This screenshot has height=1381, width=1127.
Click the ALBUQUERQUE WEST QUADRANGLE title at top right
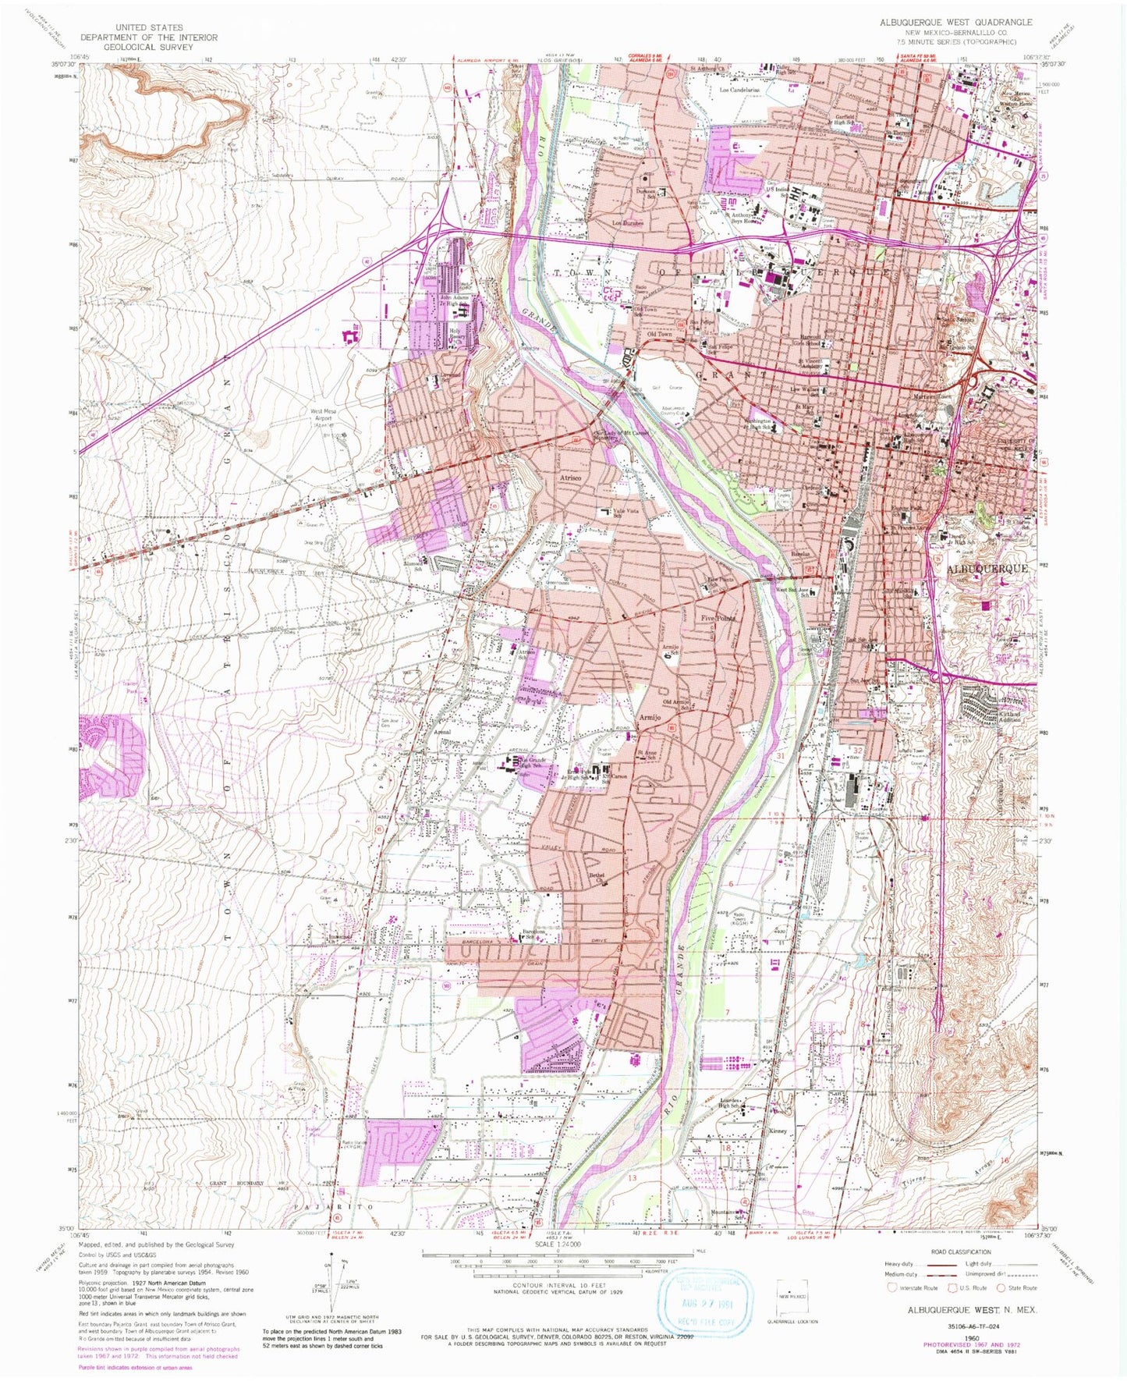pos(955,22)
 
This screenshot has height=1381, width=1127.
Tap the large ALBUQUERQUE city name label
pos(987,569)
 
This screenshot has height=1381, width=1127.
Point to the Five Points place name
pos(718,617)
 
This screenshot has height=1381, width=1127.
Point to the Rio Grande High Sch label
pos(536,762)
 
